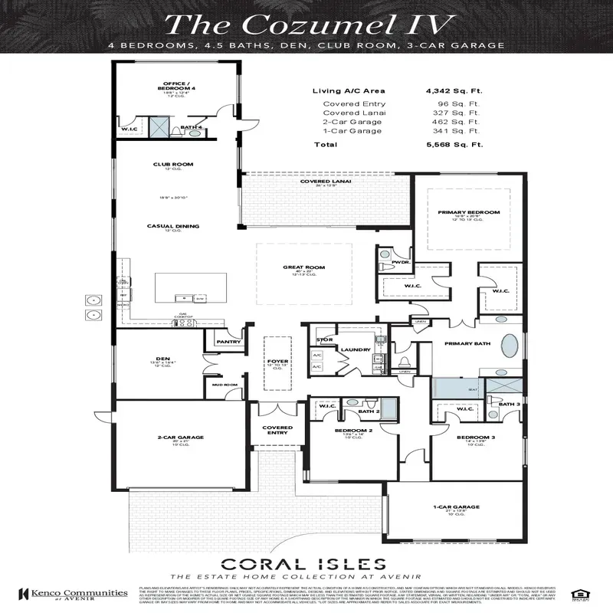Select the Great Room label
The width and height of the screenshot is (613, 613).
tap(304, 268)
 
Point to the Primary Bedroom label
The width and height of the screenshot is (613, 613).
tap(468, 211)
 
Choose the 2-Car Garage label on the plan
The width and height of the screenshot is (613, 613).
tap(175, 438)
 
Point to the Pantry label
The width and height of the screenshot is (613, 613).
tap(228, 342)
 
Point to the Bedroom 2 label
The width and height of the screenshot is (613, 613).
tap(354, 431)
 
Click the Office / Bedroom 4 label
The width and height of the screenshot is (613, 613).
tap(173, 87)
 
